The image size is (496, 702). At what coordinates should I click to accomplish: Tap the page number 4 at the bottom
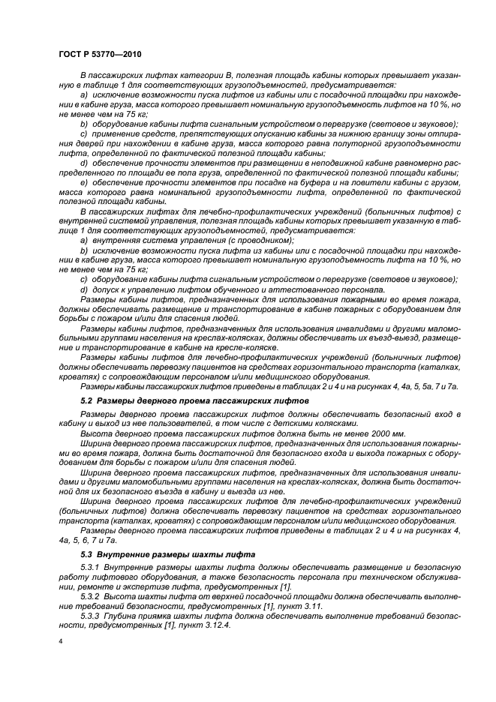tap(61, 642)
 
